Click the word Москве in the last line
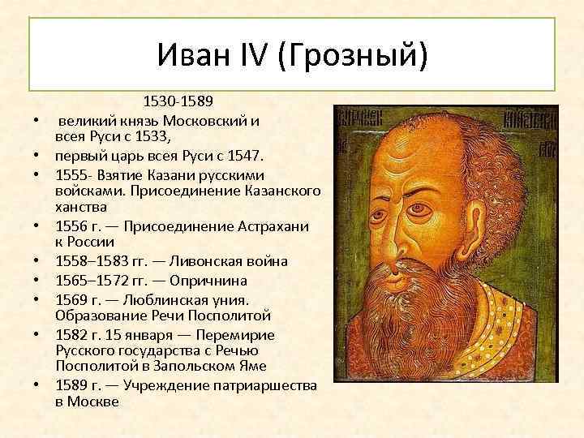(94, 401)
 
